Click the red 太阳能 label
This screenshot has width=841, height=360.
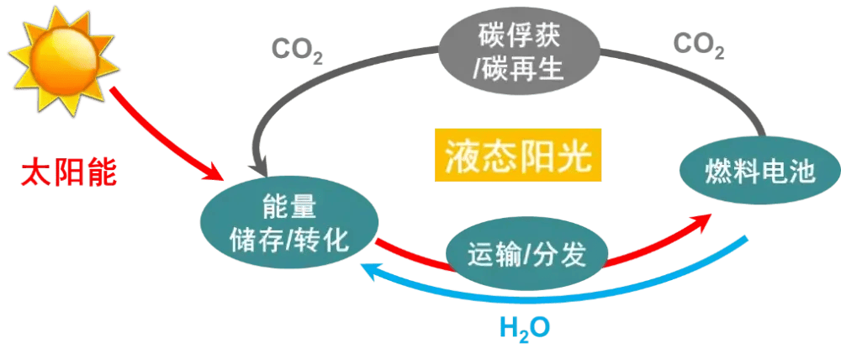coord(69,173)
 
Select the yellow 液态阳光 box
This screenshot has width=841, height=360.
coord(519,155)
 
